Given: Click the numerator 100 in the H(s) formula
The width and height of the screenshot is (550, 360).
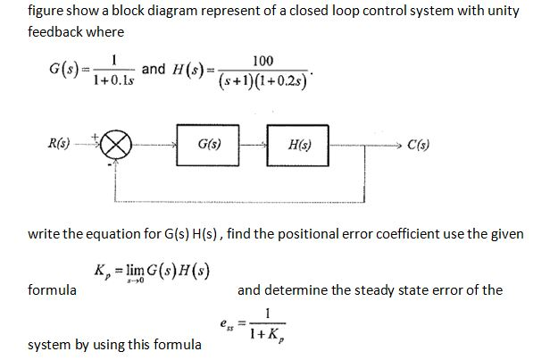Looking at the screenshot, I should (263, 61).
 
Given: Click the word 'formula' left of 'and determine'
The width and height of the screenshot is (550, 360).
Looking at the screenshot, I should (52, 289).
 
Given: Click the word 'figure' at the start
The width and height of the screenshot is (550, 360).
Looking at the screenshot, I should (46, 13).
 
